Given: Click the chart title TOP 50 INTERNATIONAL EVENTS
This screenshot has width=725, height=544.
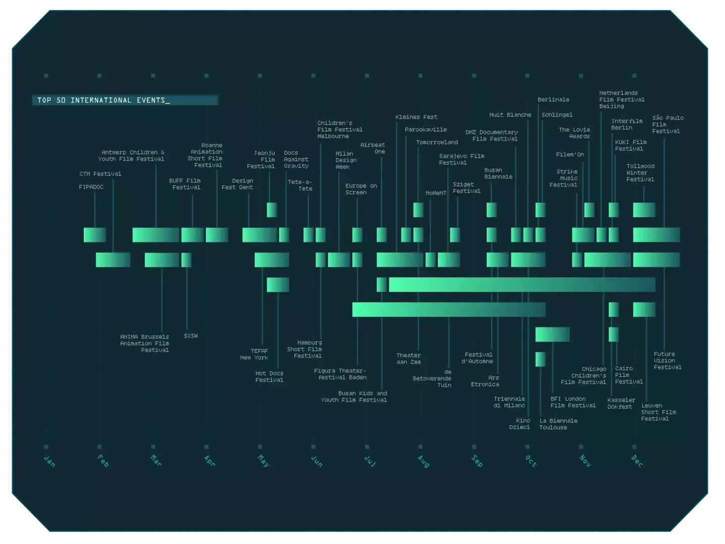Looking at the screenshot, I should click(x=103, y=100).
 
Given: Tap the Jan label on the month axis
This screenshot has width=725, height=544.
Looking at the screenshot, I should click(x=49, y=461).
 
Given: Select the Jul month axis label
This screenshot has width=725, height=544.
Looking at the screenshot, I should click(x=370, y=461).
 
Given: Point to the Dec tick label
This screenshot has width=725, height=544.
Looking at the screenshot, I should click(x=637, y=461).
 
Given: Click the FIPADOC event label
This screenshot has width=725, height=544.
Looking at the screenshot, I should click(x=91, y=187).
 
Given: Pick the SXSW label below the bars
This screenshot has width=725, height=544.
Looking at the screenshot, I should click(x=190, y=336).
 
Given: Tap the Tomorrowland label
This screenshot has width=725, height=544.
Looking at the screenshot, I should click(x=437, y=142).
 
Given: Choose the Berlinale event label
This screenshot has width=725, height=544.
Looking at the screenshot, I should click(x=553, y=100).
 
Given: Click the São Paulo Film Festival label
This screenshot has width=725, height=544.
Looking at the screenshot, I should click(x=667, y=124).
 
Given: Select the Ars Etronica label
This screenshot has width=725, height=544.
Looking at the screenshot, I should click(x=485, y=381).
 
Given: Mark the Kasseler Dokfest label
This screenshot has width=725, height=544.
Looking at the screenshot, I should click(x=621, y=403).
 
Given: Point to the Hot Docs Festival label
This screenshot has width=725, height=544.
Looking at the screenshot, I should click(x=269, y=376).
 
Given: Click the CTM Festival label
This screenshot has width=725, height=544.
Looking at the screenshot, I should click(x=100, y=174).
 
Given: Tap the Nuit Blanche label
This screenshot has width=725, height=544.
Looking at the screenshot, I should click(x=510, y=115).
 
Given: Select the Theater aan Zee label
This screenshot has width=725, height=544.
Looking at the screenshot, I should click(x=408, y=359).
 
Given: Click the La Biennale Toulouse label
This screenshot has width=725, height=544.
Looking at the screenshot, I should click(x=558, y=424).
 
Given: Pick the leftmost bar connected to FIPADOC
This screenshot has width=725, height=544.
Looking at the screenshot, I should click(x=94, y=235).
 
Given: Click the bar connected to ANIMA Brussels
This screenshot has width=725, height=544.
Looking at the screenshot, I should click(x=162, y=260).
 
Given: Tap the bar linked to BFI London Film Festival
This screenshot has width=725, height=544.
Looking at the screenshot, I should click(x=552, y=334).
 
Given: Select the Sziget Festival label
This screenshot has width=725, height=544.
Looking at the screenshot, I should click(x=466, y=188).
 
